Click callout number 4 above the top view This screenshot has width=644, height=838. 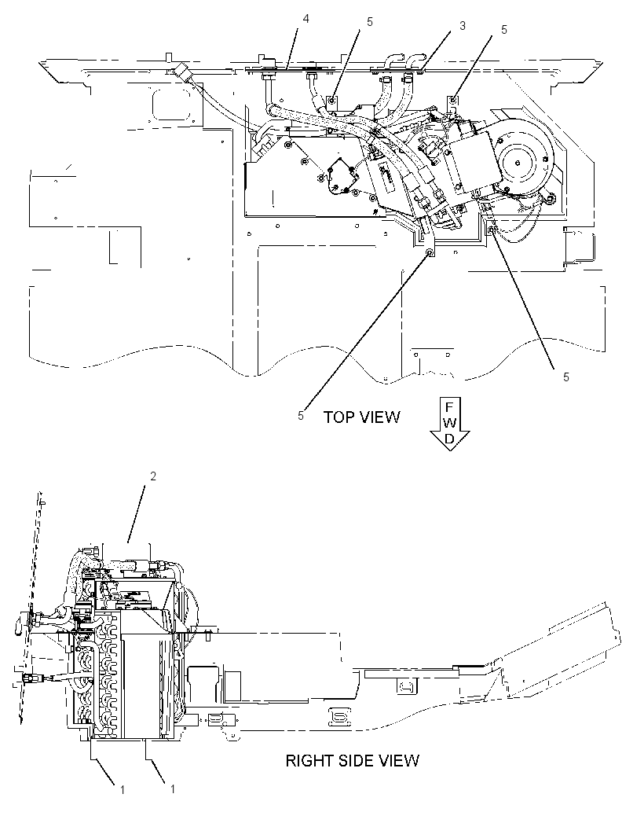[x=306, y=19]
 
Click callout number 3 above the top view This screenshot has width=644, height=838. [x=463, y=26]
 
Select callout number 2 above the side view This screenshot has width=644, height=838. [x=153, y=476]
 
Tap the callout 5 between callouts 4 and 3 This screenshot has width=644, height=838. [x=370, y=23]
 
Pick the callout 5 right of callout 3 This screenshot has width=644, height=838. [x=504, y=30]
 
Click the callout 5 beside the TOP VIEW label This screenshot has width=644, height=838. [x=301, y=416]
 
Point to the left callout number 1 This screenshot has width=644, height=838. [x=123, y=789]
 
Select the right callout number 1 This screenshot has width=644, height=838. [x=172, y=788]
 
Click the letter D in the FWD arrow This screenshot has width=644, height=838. [x=450, y=438]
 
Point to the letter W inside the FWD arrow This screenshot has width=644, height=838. [x=450, y=423]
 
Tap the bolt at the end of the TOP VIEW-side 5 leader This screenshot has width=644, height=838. [x=429, y=252]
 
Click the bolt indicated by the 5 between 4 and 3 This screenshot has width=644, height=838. [x=332, y=100]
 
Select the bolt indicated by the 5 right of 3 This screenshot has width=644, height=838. [x=453, y=100]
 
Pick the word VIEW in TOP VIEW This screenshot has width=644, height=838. [x=379, y=417]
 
